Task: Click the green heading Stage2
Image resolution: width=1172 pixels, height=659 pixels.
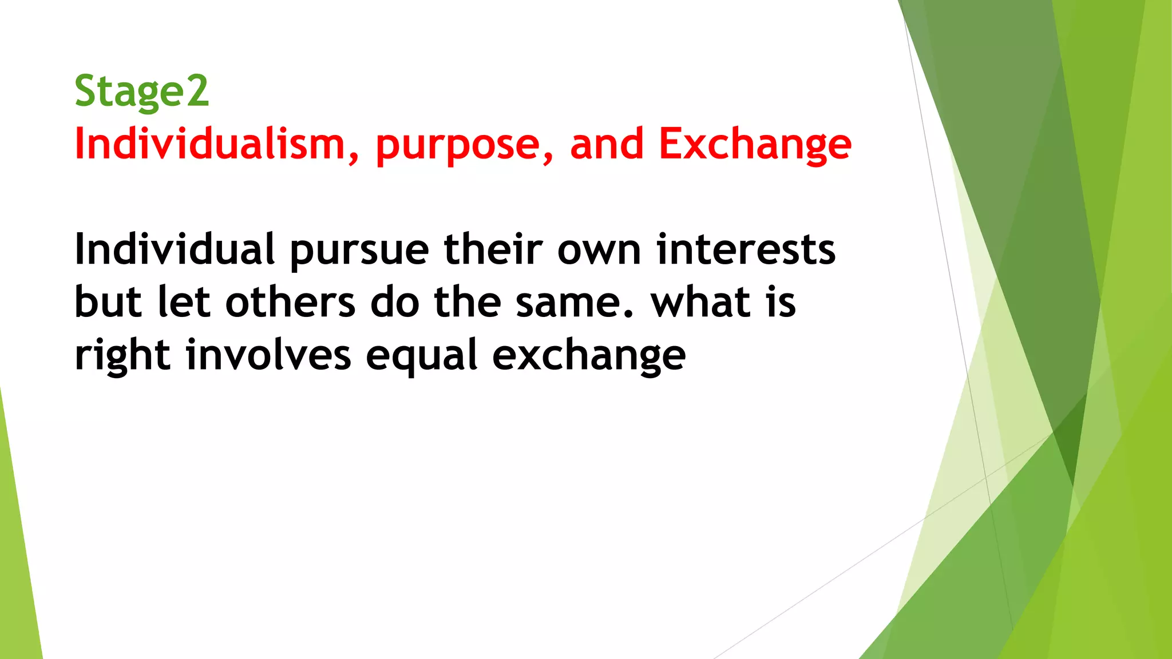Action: [x=141, y=91]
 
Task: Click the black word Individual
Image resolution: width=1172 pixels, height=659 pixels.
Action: [x=175, y=249]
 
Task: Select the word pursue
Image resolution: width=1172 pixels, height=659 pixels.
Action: [x=359, y=251]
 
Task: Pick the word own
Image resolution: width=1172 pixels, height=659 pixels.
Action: [x=599, y=251]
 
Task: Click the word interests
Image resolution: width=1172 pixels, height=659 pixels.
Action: [x=746, y=249]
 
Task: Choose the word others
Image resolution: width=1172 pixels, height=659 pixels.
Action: [x=291, y=302]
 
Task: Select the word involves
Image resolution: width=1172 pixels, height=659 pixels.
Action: [x=268, y=355]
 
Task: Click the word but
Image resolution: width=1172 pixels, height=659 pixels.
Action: [x=108, y=302]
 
